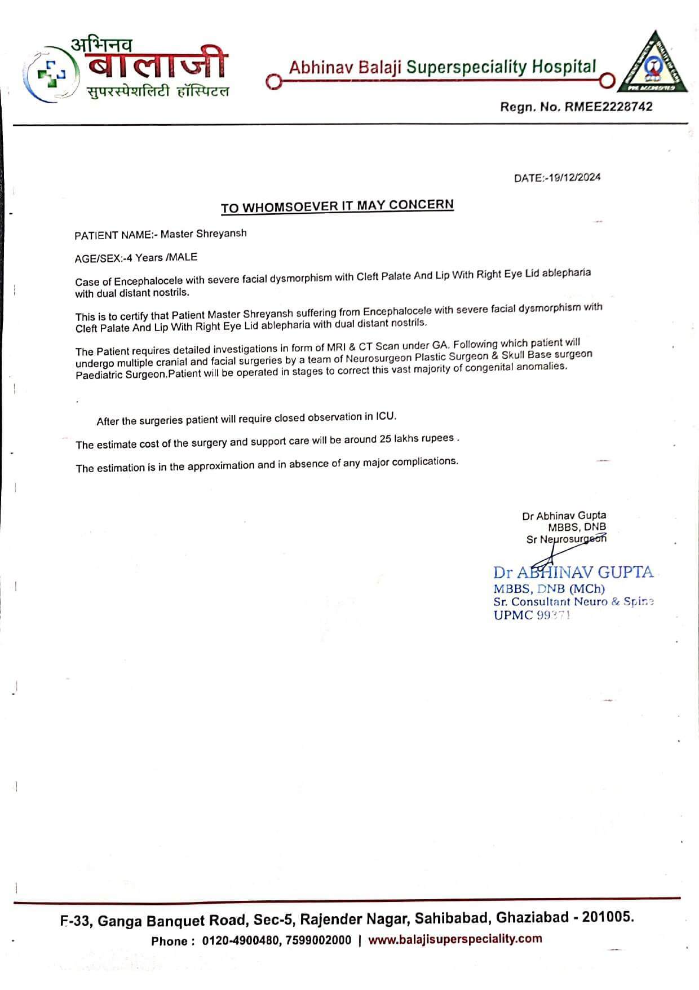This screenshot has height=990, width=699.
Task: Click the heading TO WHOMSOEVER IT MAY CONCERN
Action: click(337, 206)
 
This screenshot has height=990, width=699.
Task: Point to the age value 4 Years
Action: click(145, 258)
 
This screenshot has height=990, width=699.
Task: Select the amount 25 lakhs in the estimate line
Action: click(417, 439)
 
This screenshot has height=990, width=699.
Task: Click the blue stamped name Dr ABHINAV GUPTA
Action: click(573, 572)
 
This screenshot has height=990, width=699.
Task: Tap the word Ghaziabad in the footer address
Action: click(532, 918)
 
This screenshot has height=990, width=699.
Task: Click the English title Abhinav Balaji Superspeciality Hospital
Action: click(442, 67)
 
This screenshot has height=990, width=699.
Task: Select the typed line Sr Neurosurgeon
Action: click(566, 539)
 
